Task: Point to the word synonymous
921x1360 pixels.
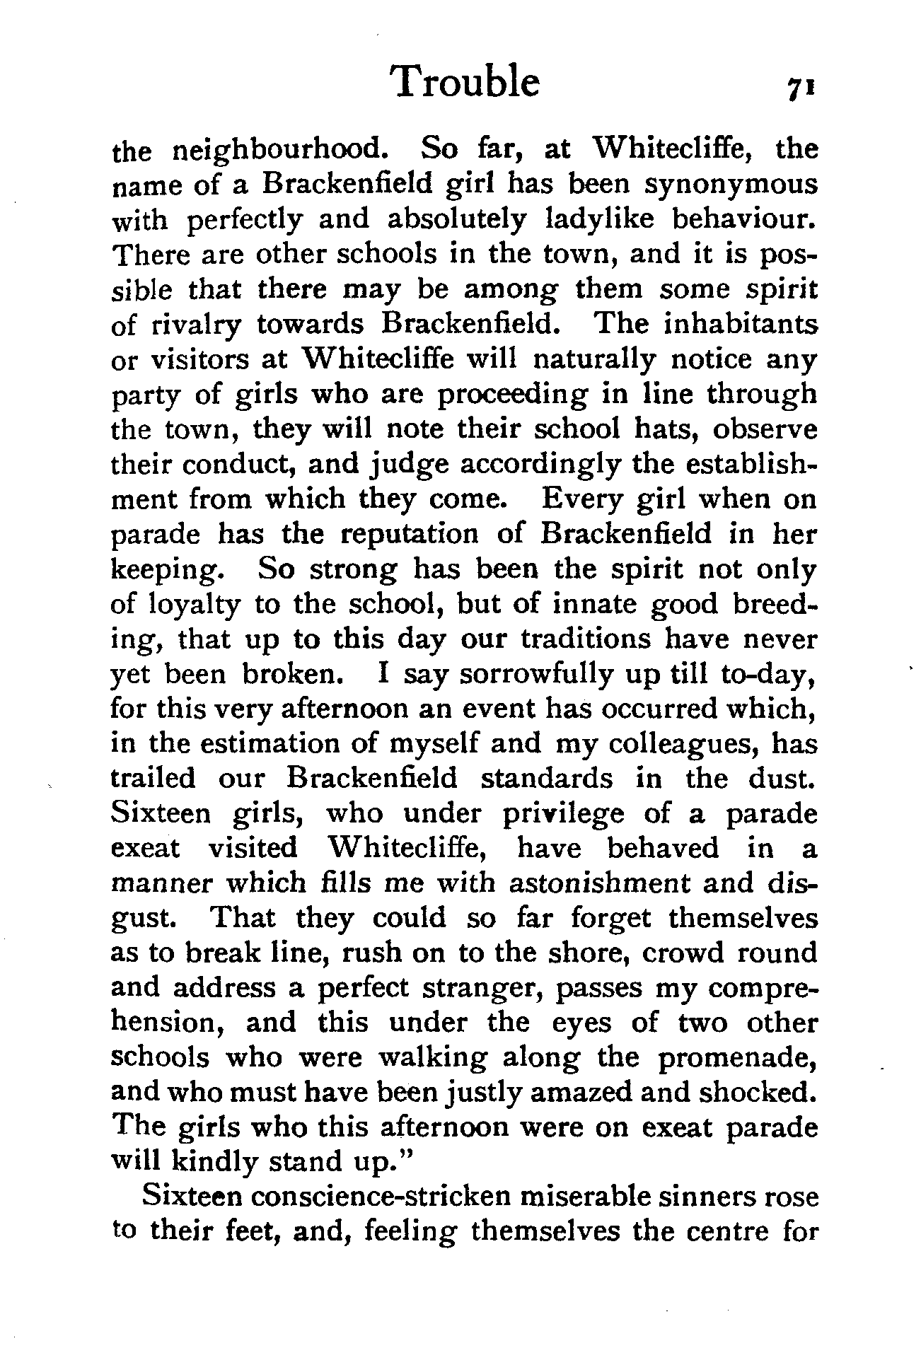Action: pyautogui.click(x=731, y=186)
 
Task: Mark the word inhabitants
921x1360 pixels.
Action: pyautogui.click(x=741, y=325)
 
